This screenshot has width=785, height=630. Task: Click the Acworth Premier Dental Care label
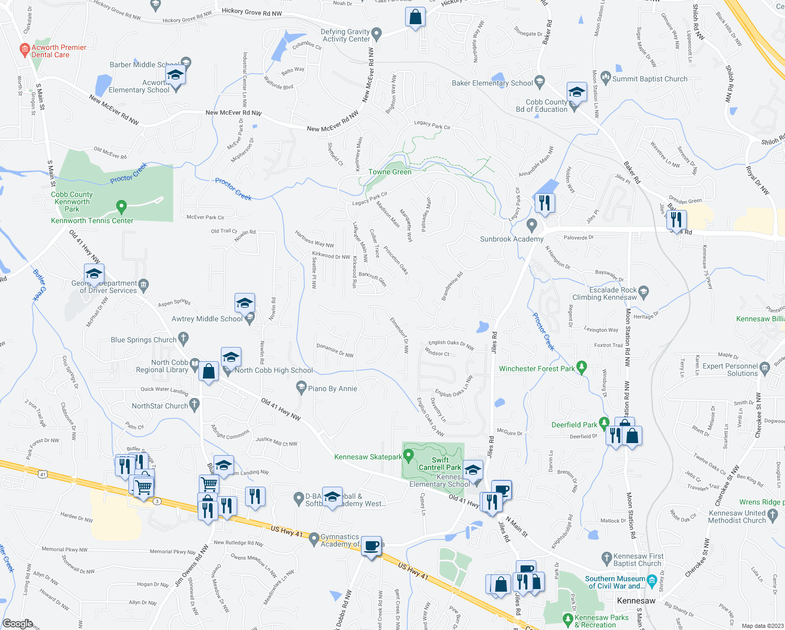pyautogui.click(x=58, y=51)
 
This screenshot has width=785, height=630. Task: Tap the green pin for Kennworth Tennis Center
pyautogui.click(x=121, y=207)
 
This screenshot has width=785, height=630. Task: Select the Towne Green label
pyautogui.click(x=390, y=172)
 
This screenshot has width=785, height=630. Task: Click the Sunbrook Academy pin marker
pyautogui.click(x=532, y=225)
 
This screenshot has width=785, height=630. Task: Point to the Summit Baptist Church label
pyautogui.click(x=650, y=79)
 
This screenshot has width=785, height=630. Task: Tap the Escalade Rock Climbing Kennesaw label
pyautogui.click(x=613, y=293)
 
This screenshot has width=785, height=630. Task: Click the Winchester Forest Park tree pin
pyautogui.click(x=581, y=367)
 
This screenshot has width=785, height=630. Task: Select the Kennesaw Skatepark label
pyautogui.click(x=368, y=457)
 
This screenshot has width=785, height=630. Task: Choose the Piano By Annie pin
pyautogui.click(x=301, y=388)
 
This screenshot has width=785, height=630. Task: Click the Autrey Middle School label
pyautogui.click(x=207, y=319)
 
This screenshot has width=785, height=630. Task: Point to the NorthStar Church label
pyautogui.click(x=160, y=406)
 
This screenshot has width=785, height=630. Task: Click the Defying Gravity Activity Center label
pyautogui.click(x=346, y=35)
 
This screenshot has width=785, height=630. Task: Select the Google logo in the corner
pyautogui.click(x=18, y=623)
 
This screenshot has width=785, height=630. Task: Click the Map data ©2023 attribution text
pyautogui.click(x=762, y=626)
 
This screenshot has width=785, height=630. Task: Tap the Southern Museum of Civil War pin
pyautogui.click(x=652, y=581)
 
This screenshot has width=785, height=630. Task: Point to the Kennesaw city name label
pyautogui.click(x=636, y=601)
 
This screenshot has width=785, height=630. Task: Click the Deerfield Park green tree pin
pyautogui.click(x=604, y=423)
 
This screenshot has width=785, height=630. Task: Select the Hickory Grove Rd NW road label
pyautogui.click(x=251, y=13)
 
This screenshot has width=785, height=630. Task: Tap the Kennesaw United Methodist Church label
pyautogui.click(x=737, y=517)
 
